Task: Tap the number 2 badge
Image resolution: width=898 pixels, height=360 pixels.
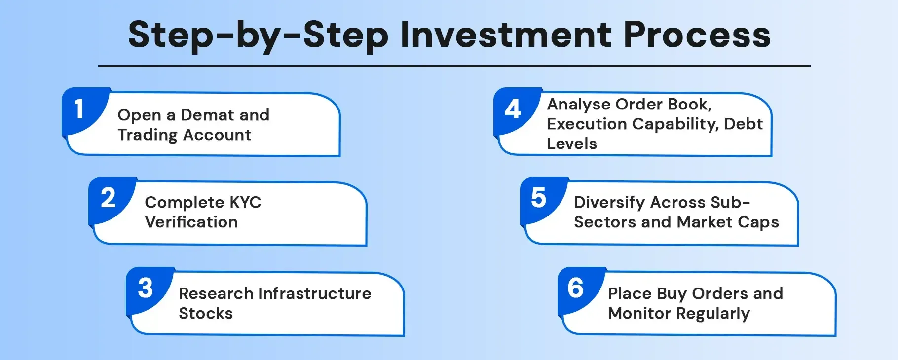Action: tap(108, 198)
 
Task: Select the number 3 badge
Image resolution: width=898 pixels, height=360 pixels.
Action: tap(146, 288)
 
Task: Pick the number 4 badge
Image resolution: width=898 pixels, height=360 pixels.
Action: tap(513, 109)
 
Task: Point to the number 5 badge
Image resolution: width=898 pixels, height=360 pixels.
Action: tap(539, 198)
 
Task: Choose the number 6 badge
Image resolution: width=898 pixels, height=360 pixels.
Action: tap(576, 288)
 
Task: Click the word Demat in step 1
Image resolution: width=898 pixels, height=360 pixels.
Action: tap(207, 115)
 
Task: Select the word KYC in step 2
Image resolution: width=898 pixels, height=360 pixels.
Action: tap(245, 202)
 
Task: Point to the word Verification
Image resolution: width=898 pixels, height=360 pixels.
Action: tap(191, 222)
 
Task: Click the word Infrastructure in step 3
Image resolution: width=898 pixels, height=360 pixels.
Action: tap(315, 293)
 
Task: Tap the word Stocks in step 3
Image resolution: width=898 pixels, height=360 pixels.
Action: tap(206, 313)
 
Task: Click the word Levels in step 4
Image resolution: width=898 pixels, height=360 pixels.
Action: tap(572, 144)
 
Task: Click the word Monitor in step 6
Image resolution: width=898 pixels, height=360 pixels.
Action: tap(639, 313)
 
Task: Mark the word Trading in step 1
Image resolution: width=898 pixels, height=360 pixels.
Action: tap(148, 135)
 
